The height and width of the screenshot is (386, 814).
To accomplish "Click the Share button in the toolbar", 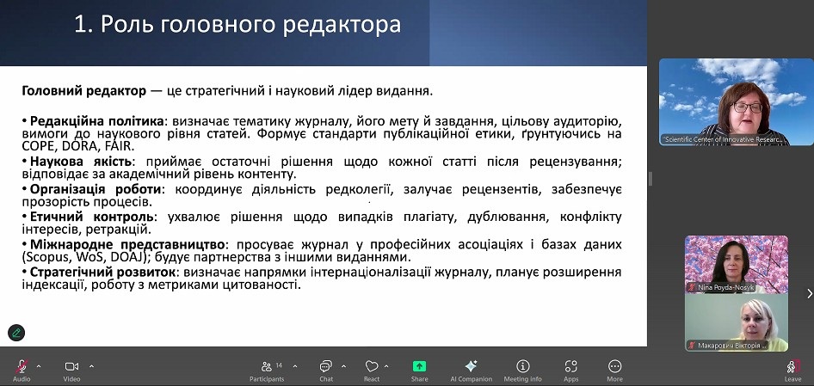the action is click(419, 366).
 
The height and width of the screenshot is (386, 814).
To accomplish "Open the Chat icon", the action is click(326, 366).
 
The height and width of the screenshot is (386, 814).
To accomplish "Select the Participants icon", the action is click(267, 366).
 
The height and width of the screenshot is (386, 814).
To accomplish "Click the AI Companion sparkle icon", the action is click(471, 365).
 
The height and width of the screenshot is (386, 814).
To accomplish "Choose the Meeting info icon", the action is click(523, 366).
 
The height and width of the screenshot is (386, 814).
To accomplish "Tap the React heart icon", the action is click(372, 366).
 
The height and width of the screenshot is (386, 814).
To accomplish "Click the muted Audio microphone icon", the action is click(22, 366).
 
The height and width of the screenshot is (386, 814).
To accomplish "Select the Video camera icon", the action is click(71, 366).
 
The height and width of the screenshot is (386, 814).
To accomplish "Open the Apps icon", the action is click(571, 366).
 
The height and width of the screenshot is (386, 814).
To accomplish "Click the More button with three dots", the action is click(614, 366).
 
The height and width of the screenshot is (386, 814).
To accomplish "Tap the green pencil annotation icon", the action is click(16, 333).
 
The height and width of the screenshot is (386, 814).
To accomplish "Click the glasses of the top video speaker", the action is click(748, 107).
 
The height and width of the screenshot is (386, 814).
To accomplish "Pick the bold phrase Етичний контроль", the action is click(92, 217).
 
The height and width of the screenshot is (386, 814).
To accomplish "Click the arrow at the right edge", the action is click(810, 294).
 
